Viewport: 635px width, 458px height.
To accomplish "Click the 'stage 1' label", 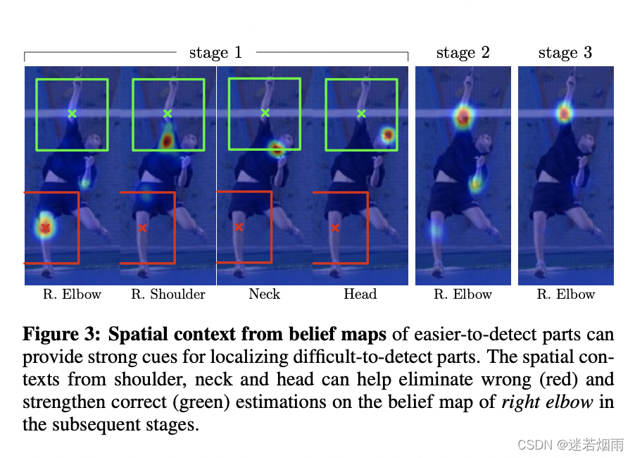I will pos(215,52).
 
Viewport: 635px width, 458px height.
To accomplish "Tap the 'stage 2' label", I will pos(463,52).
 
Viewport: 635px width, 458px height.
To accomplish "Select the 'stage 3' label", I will pos(565,52).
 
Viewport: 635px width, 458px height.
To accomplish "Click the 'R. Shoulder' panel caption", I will pos(168,295).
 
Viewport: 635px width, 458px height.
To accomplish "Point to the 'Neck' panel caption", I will pos(264,295).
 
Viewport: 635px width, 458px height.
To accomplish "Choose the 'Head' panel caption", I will pos(360,295).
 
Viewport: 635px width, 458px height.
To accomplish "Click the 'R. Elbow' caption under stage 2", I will pos(463,295).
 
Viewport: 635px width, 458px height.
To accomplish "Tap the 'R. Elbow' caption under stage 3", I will pos(565,295).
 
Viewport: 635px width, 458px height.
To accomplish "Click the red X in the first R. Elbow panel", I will pos(46,228).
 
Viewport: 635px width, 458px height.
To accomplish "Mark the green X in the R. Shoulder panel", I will pos(168,113).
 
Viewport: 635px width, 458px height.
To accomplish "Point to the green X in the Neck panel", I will pos(265,113).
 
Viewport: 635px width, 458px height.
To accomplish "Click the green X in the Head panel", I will pos(361,113).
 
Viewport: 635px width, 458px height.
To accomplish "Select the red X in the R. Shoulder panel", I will pos(142,228).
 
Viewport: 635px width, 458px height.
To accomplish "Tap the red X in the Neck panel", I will pos(239,227).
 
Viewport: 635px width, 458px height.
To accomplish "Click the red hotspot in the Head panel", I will pos(387,135).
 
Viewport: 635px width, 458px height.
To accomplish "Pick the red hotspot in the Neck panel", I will pos(276,148).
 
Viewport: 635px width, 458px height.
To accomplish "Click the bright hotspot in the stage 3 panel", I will pos(564,113).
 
